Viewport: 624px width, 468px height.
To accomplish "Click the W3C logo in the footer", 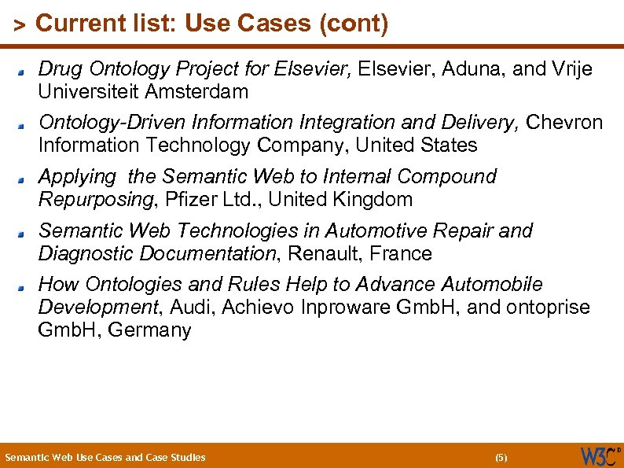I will pos(599,456).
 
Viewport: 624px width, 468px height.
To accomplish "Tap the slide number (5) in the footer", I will pos(501,457).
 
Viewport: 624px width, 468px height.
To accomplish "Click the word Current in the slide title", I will pos(70,24).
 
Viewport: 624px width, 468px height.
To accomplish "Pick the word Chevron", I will pos(564,123).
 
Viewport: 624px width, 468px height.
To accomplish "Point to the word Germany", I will pos(149,330).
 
